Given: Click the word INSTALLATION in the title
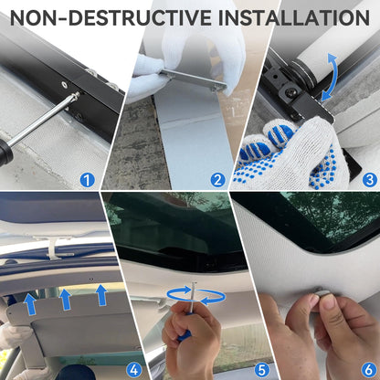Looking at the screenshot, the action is coord(294,17).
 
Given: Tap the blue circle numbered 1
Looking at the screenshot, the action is coord(88,180).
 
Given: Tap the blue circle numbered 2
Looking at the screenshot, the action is coord(217,180).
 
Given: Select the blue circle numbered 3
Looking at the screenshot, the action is coord(370,180).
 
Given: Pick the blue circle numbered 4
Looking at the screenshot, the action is coord(134,370).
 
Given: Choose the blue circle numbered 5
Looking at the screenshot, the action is coord(261,370).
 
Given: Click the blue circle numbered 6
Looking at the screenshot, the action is coord(368,370).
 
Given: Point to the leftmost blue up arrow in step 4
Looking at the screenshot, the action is coord(30,304).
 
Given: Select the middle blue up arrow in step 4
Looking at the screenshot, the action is coord(65,300).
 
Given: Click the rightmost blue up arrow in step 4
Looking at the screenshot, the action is coord(101,294).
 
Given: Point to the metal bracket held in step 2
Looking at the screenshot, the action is coord(195,79).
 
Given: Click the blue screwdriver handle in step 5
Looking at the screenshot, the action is coord(185,334).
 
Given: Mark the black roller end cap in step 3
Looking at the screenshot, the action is coord(303,74).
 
